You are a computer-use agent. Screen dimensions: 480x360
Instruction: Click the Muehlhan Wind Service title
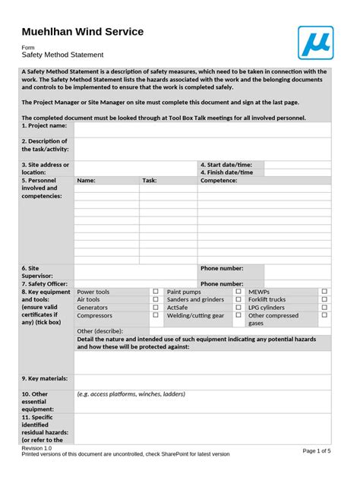click(82, 31)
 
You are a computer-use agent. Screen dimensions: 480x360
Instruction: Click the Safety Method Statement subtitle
click(62, 55)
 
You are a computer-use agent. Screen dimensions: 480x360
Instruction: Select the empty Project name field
click(202, 130)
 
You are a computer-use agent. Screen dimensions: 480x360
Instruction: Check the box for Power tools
click(156, 291)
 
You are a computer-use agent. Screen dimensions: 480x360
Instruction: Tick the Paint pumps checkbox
click(238, 291)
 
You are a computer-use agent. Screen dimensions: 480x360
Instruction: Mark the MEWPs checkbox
click(324, 291)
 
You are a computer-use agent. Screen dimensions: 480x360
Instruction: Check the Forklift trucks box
click(324, 299)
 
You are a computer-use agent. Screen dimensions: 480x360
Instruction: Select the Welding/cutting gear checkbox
click(238, 315)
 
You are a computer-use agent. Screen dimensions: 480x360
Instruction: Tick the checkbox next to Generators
click(156, 308)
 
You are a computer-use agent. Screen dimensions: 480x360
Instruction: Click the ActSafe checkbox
click(238, 308)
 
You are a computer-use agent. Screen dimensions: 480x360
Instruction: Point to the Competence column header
click(219, 181)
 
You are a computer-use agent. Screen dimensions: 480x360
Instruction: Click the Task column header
click(150, 181)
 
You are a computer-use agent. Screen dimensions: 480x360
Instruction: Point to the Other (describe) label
click(99, 331)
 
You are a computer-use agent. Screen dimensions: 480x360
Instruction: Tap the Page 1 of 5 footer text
click(317, 450)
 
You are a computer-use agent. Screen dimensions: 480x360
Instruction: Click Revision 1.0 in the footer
click(36, 448)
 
